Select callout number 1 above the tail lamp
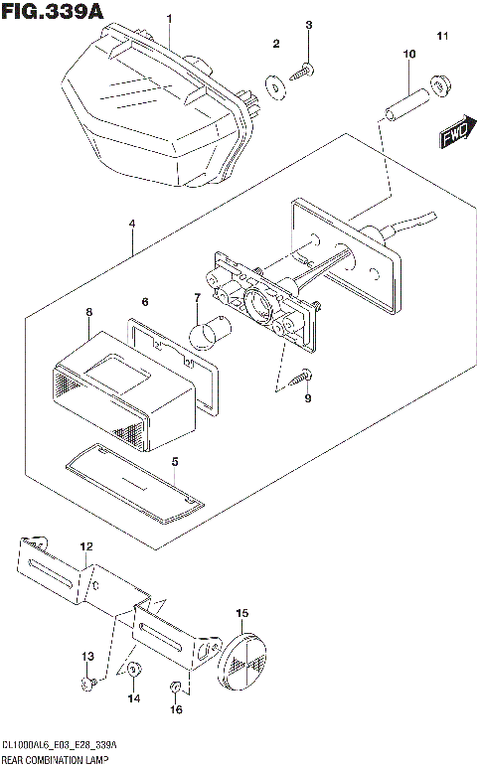[x=169, y=19]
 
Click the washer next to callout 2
[x=274, y=84]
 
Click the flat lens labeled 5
[x=134, y=480]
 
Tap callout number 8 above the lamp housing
[x=88, y=312]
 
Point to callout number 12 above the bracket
[x=85, y=546]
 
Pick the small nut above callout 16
[x=175, y=686]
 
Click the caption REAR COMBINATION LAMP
[x=56, y=760]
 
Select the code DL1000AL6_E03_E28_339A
[x=60, y=745]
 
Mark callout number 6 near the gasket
[x=144, y=301]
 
